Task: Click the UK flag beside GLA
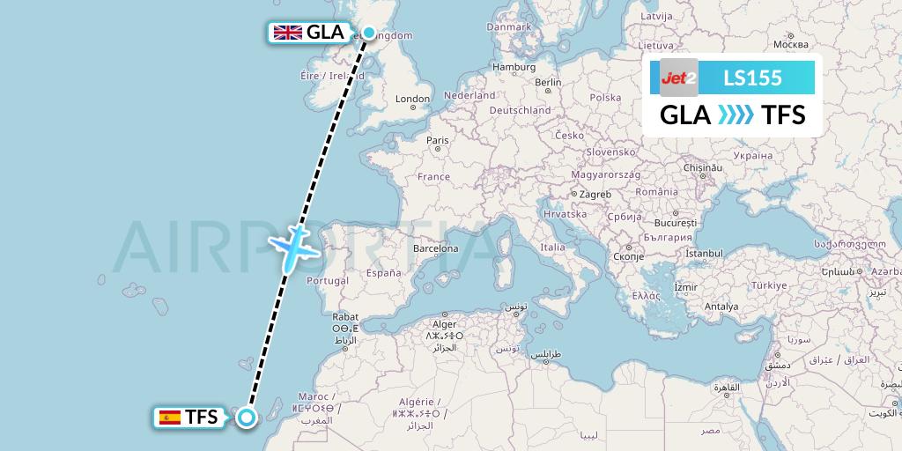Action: [x=287, y=33]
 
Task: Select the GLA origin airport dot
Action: [x=368, y=33]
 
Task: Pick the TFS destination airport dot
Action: [x=247, y=418]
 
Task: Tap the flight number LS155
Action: [x=752, y=78]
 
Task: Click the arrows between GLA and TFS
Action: [x=736, y=115]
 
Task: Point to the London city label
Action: [x=412, y=99]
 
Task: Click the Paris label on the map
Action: [x=438, y=140]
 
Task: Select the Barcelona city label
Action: [x=438, y=248]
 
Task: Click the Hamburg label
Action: [x=514, y=67]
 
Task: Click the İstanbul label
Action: [x=704, y=254]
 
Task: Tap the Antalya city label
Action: [x=721, y=307]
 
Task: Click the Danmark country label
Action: [x=509, y=26]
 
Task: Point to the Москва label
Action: [x=789, y=44]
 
